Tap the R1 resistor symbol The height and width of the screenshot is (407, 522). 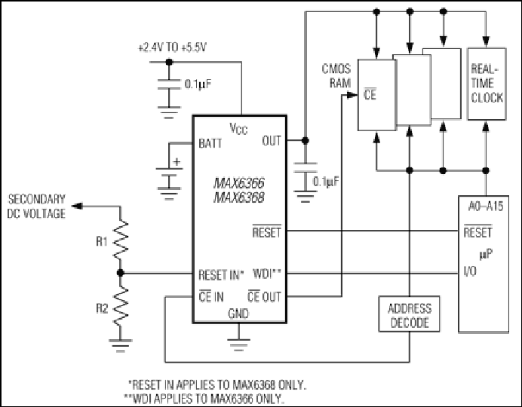coord(121,240)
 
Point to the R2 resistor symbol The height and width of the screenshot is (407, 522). coord(121,306)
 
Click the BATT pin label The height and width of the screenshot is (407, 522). coord(210,143)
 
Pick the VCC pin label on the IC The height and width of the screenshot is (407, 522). coord(238,128)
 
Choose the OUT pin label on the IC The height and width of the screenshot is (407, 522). coord(272,141)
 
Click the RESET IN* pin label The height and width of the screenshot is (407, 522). coord(221,275)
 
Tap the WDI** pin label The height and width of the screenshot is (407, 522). coord(267,274)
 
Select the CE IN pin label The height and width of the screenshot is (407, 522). coord(211,296)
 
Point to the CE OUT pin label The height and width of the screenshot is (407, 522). coord(264,296)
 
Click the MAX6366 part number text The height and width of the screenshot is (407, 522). coord(238,183)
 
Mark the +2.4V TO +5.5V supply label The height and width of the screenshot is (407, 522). coord(172,47)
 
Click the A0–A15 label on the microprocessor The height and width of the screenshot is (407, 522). coord(486,207)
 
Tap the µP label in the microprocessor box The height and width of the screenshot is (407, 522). coord(486,255)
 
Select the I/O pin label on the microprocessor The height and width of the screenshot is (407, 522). coord(470,271)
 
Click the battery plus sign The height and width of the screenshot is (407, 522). coord(177,162)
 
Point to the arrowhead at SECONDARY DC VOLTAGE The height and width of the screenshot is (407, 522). coord(77,207)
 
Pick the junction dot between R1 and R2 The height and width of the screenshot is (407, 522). coord(121,273)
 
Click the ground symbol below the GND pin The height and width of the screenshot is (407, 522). coord(238,345)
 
